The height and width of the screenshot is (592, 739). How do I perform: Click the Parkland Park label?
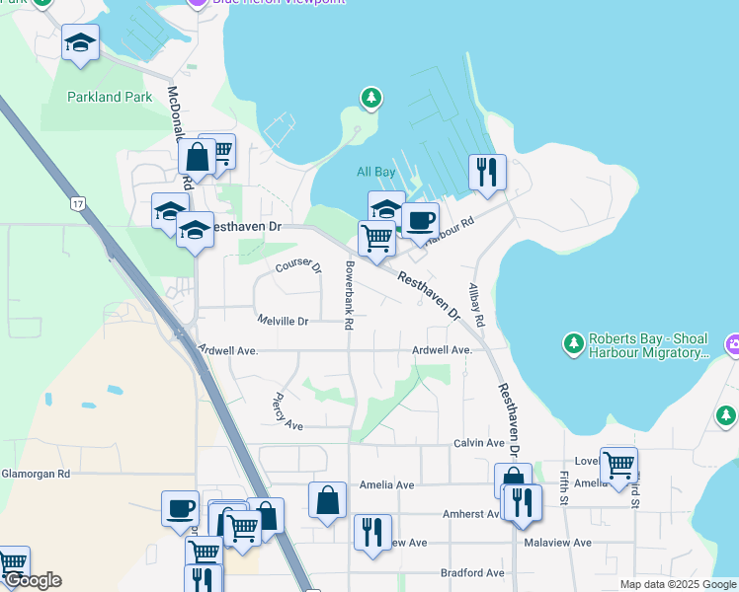point(110,97)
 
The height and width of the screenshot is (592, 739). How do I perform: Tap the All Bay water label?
point(375,172)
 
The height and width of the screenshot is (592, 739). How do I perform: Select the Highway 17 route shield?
point(77,204)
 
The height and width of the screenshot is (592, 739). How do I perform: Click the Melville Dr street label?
point(283,321)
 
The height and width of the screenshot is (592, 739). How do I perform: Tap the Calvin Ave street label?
point(479,444)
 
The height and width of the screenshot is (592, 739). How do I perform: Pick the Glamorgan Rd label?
point(36,474)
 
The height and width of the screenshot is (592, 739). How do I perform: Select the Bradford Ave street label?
point(472,572)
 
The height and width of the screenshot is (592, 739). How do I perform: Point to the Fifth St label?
point(564,485)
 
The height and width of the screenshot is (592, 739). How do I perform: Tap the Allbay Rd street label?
point(476,305)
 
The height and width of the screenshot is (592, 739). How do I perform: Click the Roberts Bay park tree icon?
point(573,343)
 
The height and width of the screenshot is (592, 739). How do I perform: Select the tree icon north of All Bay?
point(370,97)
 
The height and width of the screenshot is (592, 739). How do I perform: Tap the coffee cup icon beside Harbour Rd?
point(420,219)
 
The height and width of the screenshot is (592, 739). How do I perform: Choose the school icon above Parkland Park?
point(80,42)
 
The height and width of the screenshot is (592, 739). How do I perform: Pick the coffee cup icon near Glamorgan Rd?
point(180,507)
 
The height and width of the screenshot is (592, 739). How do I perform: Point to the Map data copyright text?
point(677,584)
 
